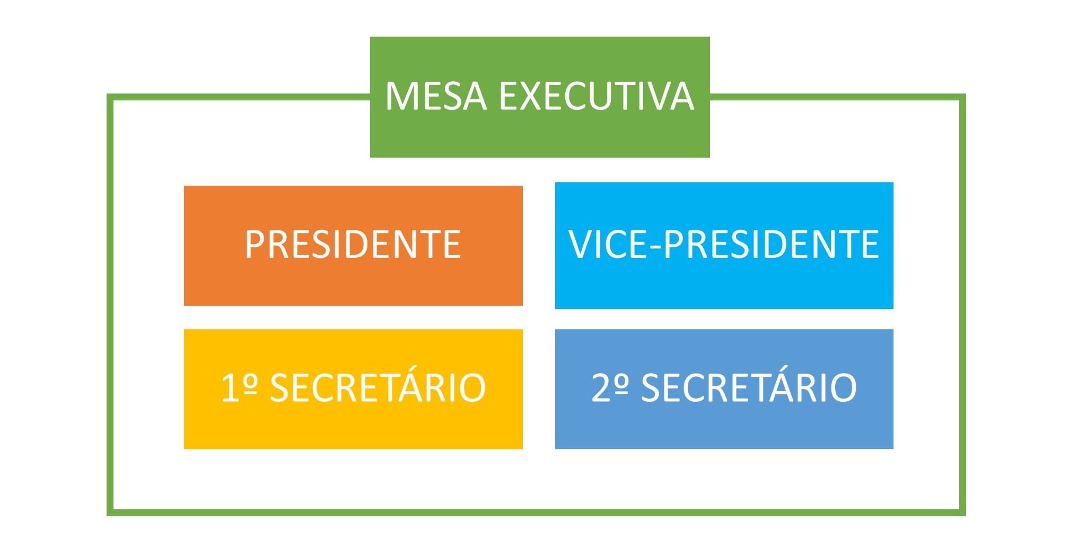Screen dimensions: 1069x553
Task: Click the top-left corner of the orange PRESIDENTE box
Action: pos(184,186)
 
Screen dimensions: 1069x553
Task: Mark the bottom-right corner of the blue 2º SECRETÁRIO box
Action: pos(893,449)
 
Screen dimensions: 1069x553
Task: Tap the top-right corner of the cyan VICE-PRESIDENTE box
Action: pos(893,182)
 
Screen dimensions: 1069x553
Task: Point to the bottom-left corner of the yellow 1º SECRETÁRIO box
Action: pos(184,449)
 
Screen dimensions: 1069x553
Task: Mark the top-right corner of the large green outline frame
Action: pos(963,97)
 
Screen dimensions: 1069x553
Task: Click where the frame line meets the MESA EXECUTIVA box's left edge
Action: pos(370,97)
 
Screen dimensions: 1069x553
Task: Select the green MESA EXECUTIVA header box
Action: pos(540,97)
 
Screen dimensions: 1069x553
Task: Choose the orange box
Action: pos(353,246)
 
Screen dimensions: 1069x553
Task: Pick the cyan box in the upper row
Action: pos(724,245)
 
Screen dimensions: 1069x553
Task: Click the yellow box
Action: pos(353,389)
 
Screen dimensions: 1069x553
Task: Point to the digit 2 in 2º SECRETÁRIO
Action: pos(602,387)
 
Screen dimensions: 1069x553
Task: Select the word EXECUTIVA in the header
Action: pos(597,96)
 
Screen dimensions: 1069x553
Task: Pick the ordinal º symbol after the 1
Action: pos(251,384)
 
